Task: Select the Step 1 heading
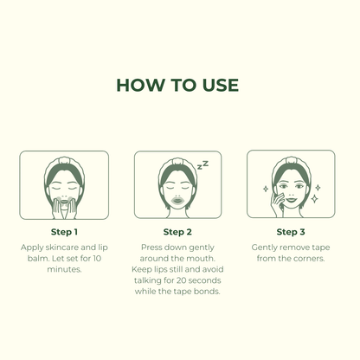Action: [64, 232]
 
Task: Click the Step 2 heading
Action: [177, 232]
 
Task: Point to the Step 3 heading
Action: [291, 232]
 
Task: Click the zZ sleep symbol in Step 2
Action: [202, 165]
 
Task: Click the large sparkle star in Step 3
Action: [314, 198]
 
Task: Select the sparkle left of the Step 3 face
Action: [266, 189]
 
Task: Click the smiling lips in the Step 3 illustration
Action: [291, 199]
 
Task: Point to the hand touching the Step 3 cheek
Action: [277, 204]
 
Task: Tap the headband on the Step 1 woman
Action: [64, 166]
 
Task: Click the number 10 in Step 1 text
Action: [97, 258]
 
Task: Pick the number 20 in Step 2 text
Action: [181, 280]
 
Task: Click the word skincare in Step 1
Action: [61, 247]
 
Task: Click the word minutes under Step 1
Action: [64, 269]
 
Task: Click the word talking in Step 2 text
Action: [145, 280]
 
